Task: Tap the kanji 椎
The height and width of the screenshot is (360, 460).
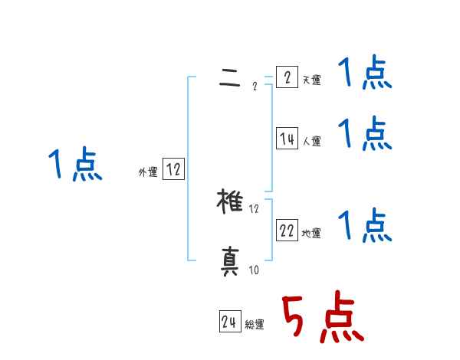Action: coord(231,202)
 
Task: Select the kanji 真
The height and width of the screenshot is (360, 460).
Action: coord(231,263)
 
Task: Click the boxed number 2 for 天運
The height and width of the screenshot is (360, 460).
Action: coord(287,77)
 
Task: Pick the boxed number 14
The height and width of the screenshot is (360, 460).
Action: coord(287,139)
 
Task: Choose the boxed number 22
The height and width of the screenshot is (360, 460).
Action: coord(287,231)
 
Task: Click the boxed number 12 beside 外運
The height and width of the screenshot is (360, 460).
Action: coord(172,170)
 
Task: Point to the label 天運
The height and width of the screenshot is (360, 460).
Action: coord(312,80)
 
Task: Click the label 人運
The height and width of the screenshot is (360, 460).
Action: coord(312,141)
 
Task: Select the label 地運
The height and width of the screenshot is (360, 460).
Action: coord(312,233)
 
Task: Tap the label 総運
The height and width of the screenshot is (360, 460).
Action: coord(255,324)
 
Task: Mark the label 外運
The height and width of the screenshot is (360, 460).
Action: coord(147,172)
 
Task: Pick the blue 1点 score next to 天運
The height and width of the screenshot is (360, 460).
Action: coord(364,74)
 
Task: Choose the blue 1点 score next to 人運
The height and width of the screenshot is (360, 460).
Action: coord(364,134)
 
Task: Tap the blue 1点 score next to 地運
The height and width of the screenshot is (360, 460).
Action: coord(364,225)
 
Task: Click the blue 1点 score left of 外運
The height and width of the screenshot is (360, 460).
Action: coord(75,165)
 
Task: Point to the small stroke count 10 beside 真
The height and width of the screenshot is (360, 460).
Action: coord(254,270)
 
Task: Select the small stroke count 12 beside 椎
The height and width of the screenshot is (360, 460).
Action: coord(254,208)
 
